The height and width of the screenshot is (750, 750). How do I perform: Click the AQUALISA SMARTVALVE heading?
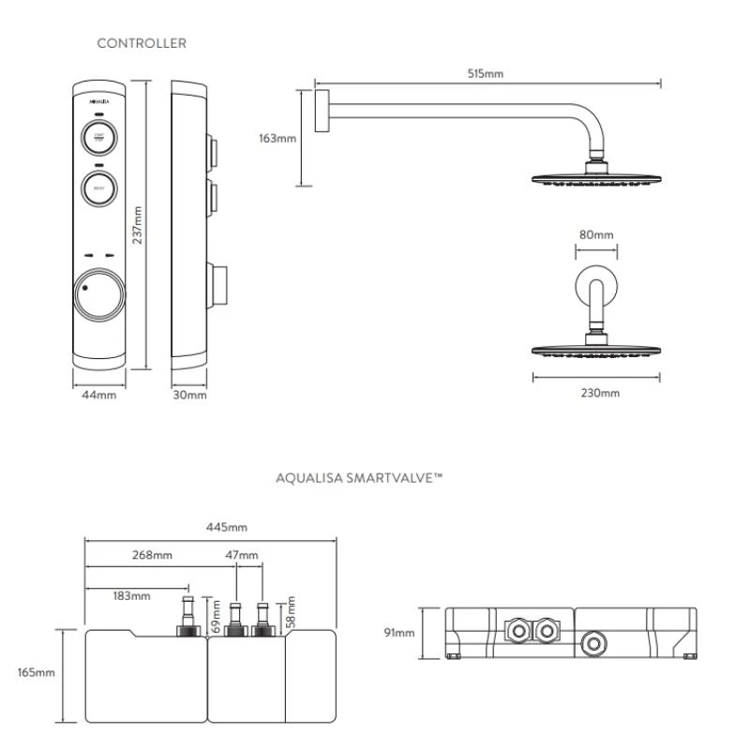359,477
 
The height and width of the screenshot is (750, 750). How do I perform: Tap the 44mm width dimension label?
98,395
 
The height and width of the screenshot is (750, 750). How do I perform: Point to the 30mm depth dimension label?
190,395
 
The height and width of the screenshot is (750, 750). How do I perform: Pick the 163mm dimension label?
277,139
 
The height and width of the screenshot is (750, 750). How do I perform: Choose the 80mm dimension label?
596,234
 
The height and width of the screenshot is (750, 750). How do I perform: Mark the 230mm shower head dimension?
600,393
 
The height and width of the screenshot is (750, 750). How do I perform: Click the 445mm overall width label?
213,527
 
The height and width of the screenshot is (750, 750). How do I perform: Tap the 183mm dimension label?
131,595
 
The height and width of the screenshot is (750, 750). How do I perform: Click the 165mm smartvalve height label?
37,672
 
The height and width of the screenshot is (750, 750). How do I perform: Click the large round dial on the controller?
98,293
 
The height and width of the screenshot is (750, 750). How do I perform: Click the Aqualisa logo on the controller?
99,97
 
